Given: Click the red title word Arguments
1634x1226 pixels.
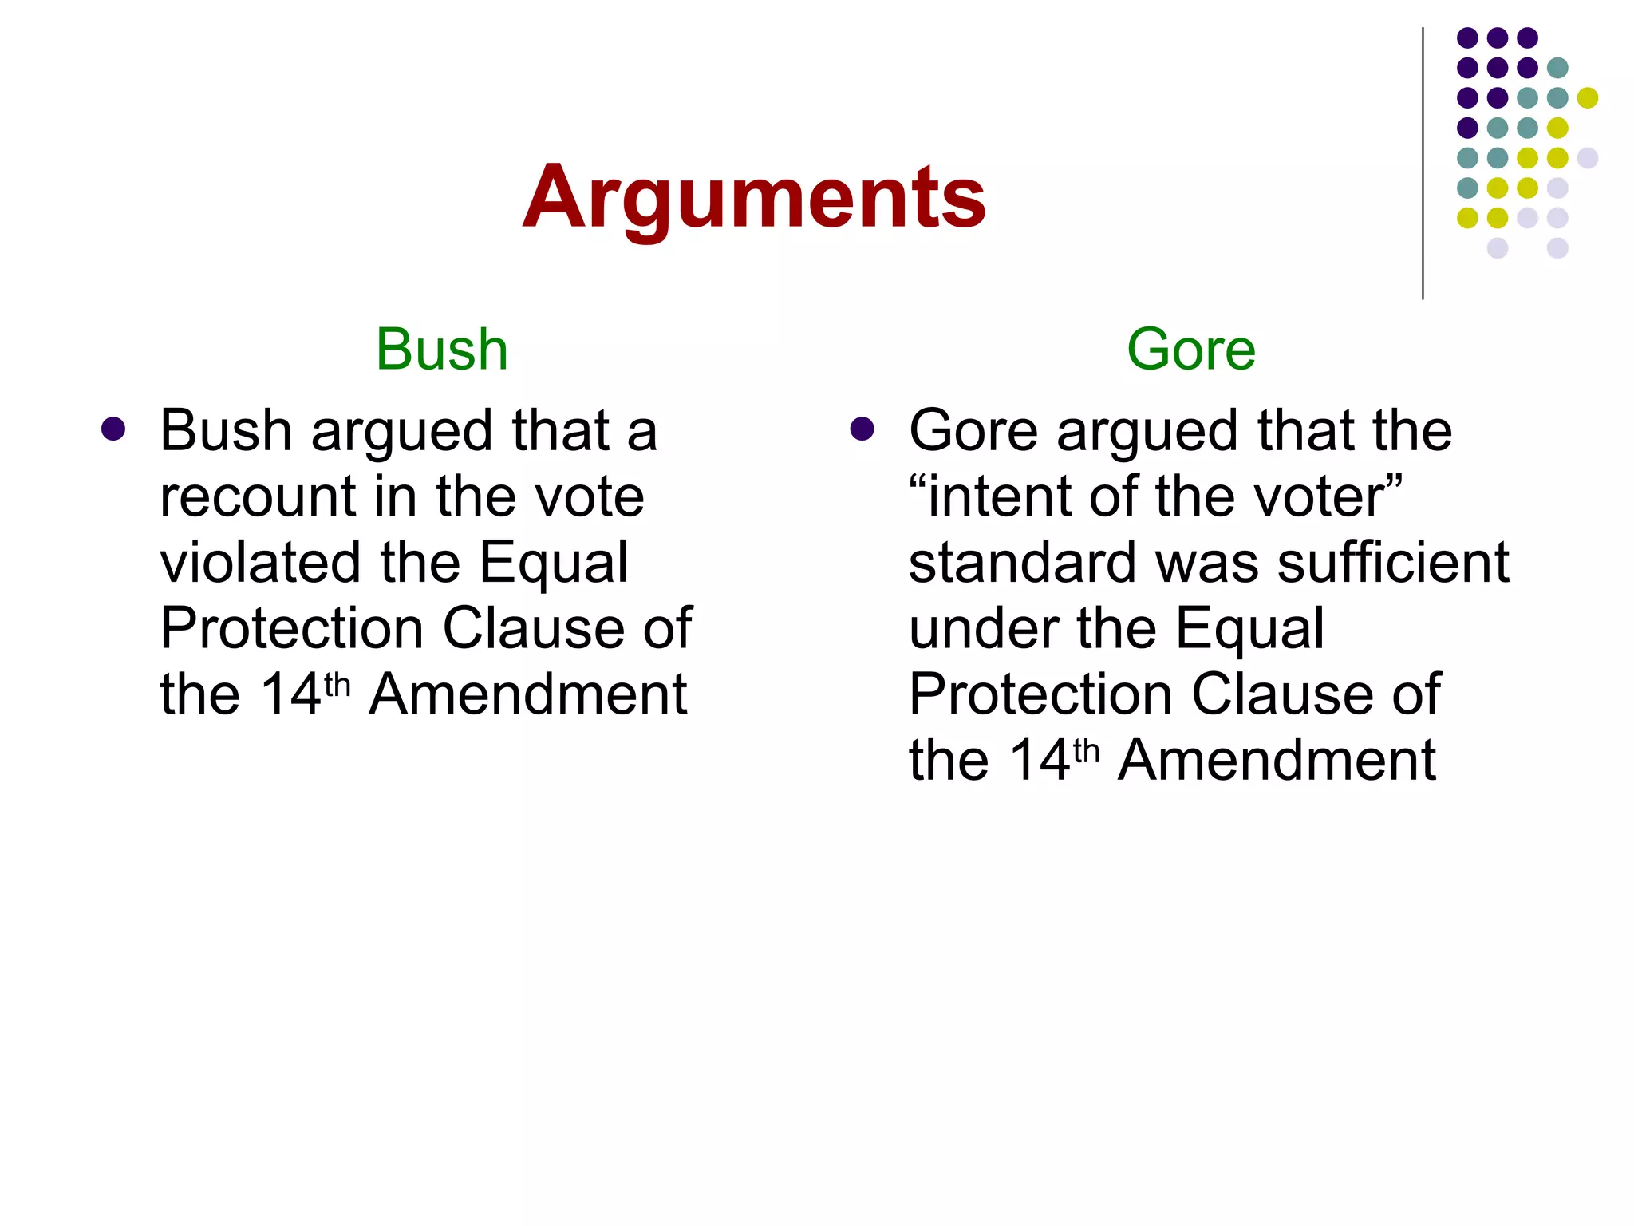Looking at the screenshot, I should (x=754, y=197).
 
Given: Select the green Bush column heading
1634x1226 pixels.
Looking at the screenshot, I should (x=441, y=350).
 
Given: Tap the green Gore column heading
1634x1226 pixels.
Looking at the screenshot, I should (x=1190, y=350).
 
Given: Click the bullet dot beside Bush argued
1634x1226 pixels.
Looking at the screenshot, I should (x=113, y=429).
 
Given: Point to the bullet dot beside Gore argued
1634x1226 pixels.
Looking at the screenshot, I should (x=862, y=429).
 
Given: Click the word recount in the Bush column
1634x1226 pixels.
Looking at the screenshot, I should (x=257, y=497).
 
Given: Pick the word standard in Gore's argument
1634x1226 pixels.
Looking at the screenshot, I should (x=1022, y=563).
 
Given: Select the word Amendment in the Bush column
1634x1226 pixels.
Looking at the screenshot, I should (x=527, y=694).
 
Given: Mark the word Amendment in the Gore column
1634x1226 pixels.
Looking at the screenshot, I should (x=1277, y=760).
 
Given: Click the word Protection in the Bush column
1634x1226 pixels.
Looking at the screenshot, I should (x=291, y=629).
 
